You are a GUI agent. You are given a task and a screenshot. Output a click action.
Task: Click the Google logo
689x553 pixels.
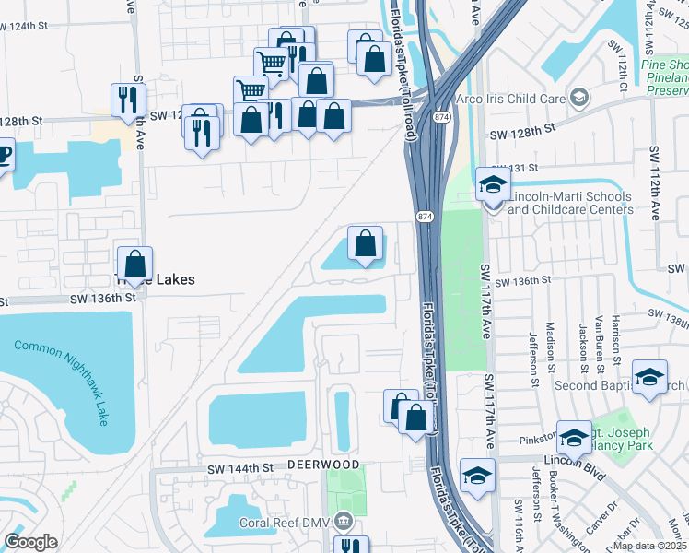click(31, 542)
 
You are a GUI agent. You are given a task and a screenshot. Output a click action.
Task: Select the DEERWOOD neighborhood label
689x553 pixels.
click(321, 464)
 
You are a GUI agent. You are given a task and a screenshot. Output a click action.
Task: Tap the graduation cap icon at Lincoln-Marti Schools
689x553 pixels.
click(493, 184)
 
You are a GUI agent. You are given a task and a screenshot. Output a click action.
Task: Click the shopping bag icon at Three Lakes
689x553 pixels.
click(135, 264)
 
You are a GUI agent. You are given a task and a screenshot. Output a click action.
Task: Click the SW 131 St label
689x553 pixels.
click(518, 167)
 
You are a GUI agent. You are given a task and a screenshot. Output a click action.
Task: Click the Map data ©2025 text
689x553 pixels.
click(650, 546)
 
